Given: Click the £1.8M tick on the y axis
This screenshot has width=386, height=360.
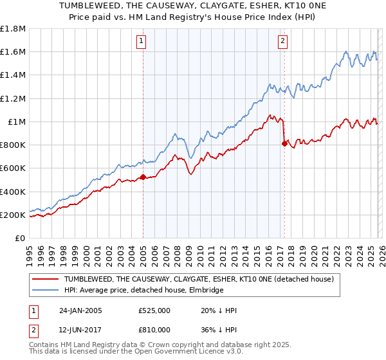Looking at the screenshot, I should [x=14, y=29].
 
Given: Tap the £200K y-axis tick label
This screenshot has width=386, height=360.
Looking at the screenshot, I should [x=14, y=215].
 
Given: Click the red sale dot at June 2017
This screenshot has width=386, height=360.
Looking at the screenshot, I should [x=284, y=144].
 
